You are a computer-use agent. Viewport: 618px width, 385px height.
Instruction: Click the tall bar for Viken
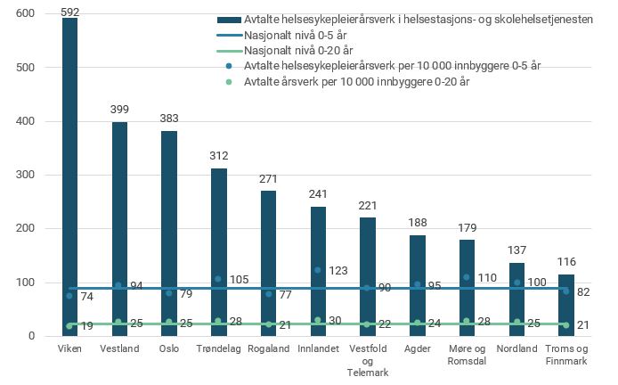tap(69, 178)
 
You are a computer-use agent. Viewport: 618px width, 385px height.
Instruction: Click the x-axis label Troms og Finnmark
tap(566, 355)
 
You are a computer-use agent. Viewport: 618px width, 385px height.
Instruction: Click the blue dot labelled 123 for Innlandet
tap(318, 270)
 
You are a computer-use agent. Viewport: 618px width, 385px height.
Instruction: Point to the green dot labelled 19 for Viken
tap(69, 326)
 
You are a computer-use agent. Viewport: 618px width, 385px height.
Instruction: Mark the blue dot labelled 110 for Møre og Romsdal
tap(467, 277)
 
